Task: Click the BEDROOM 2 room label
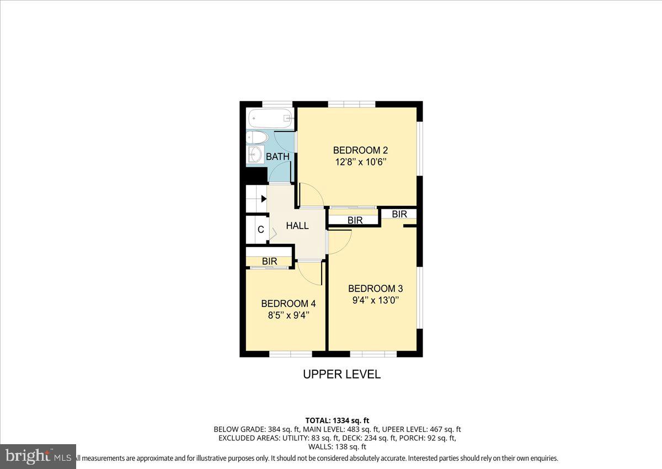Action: pyautogui.click(x=356, y=150)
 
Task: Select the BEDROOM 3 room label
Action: pyautogui.click(x=375, y=289)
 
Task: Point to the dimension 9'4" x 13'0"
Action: pyautogui.click(x=375, y=301)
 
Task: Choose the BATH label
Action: pyautogui.click(x=277, y=157)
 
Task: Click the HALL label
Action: pyautogui.click(x=297, y=226)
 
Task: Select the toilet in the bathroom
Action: pyautogui.click(x=257, y=137)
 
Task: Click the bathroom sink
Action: pyautogui.click(x=255, y=155)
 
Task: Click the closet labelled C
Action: pyautogui.click(x=260, y=230)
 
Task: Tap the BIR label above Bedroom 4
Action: pyautogui.click(x=269, y=261)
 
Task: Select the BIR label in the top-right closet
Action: pyautogui.click(x=399, y=214)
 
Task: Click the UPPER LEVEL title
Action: pyautogui.click(x=341, y=374)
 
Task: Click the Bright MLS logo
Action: pyautogui.click(x=38, y=456)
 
